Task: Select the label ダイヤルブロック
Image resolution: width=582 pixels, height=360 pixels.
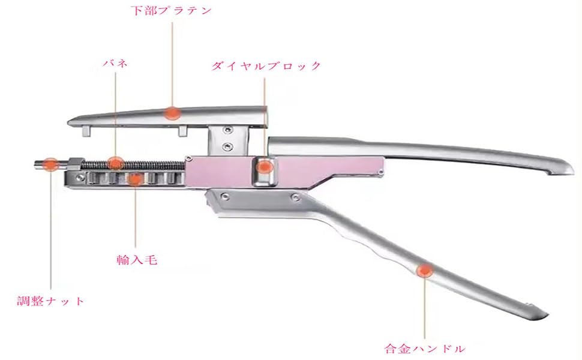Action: click(266, 66)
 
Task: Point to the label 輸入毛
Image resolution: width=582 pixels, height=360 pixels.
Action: click(137, 261)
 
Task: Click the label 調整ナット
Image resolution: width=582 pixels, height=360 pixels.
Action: click(50, 301)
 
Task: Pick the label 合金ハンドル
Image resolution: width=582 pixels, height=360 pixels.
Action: click(424, 347)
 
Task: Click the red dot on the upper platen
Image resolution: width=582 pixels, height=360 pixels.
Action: click(173, 112)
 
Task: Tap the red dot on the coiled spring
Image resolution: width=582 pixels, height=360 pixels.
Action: click(115, 162)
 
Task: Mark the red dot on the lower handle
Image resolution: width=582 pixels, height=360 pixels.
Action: click(425, 271)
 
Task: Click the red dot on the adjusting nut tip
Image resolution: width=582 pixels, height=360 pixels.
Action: click(50, 162)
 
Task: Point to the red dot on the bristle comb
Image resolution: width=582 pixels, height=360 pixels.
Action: click(136, 178)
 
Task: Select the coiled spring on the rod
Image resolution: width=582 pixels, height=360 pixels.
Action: click(144, 163)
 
